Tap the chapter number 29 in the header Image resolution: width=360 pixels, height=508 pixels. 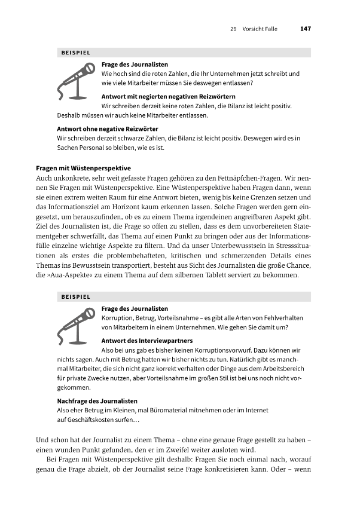[x=233, y=28]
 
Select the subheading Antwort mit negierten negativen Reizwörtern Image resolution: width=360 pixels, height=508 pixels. [x=168, y=96]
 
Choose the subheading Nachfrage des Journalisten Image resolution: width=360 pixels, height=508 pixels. [x=97, y=400]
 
